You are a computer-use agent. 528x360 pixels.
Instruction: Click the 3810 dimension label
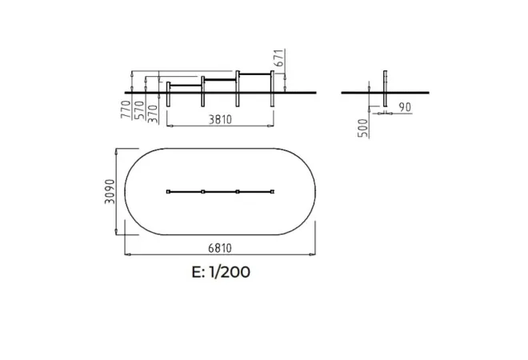pos(220,119)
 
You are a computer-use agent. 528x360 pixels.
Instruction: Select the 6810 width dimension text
pos(220,248)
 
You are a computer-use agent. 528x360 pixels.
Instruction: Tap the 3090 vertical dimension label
pos(110,192)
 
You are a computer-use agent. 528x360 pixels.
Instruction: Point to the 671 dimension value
pos(279,58)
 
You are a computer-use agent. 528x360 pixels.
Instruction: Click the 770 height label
pos(126,110)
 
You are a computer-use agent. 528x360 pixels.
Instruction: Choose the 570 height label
pos(139,110)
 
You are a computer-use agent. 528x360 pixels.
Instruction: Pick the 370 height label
pos(153,114)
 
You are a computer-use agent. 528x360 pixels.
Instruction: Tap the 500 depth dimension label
pos(363,128)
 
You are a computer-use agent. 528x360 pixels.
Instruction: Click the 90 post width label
pos(405,107)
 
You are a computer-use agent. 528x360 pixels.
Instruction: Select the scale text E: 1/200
pos(221,272)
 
